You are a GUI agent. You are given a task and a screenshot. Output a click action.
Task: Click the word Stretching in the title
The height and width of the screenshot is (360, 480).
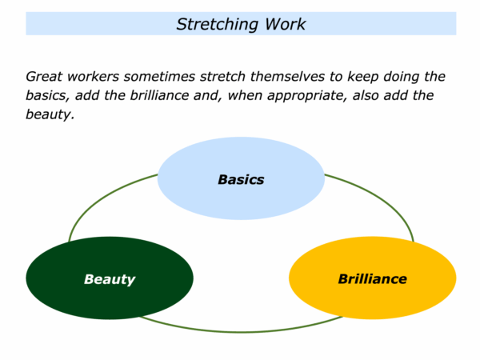pyautogui.click(x=217, y=25)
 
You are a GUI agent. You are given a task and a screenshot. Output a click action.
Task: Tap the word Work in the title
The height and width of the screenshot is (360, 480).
pyautogui.click(x=286, y=24)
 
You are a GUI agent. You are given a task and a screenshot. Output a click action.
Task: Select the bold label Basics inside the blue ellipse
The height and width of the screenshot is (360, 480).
pyautogui.click(x=241, y=179)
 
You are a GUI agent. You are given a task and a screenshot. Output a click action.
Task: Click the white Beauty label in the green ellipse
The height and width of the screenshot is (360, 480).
pyautogui.click(x=110, y=279)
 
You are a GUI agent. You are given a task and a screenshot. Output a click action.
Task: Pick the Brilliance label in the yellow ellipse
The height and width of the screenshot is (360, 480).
pyautogui.click(x=373, y=279)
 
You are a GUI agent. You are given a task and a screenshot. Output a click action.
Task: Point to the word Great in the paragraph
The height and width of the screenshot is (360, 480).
pyautogui.click(x=44, y=77)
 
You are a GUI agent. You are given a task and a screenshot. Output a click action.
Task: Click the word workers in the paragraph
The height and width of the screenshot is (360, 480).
pyautogui.click(x=93, y=77)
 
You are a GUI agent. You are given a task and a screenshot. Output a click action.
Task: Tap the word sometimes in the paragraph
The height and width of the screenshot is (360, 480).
pyautogui.click(x=159, y=77)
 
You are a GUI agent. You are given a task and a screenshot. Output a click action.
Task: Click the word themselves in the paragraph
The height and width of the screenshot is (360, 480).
pyautogui.click(x=287, y=77)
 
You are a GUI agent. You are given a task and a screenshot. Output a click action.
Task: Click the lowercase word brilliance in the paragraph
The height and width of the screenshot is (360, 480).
pyautogui.click(x=159, y=95)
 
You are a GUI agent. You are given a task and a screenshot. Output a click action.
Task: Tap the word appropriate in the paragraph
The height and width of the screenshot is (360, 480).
pyautogui.click(x=307, y=96)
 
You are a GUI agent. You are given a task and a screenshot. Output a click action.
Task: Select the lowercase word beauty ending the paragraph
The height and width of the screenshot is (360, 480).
pyautogui.click(x=50, y=114)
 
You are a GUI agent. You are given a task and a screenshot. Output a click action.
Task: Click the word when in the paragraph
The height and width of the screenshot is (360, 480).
pyautogui.click(x=245, y=95)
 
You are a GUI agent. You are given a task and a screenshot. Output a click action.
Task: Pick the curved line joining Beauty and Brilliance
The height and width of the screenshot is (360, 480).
pyautogui.click(x=241, y=331)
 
